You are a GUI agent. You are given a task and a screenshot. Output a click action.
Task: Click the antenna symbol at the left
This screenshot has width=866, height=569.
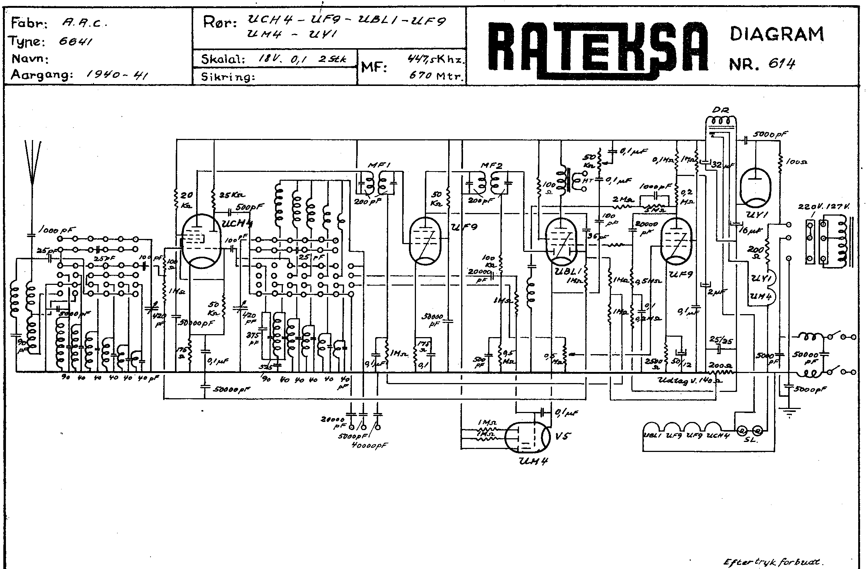click(x=33, y=163)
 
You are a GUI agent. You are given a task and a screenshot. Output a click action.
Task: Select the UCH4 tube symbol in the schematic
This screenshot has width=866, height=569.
click(x=202, y=241)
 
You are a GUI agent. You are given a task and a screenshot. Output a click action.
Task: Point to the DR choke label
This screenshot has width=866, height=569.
click(x=720, y=110)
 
